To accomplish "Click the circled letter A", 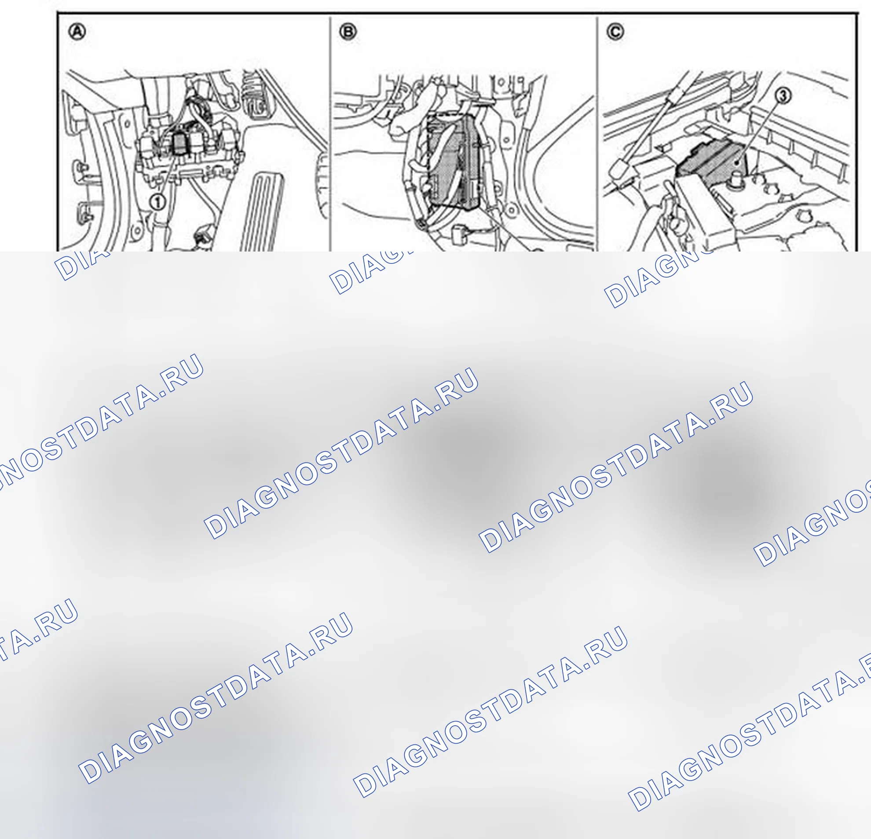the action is (77, 33).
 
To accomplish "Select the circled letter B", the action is (348, 33).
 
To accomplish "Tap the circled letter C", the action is (615, 33).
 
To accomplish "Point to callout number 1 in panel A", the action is (157, 203).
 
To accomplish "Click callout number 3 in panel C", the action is (783, 95).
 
